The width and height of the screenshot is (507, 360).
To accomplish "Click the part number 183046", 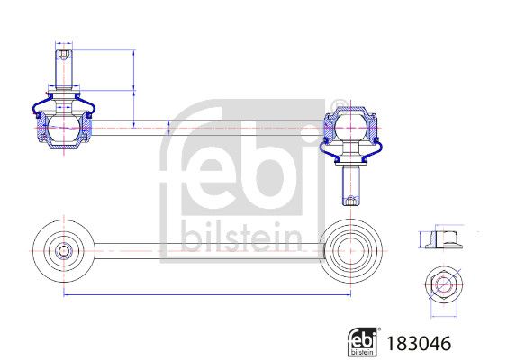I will coord(418,343).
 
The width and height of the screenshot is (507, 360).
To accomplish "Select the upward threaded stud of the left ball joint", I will coord(63,68).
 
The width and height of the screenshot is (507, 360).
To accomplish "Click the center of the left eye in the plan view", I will coord(64,248).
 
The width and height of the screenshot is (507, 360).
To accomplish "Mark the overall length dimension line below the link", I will coord(207,294).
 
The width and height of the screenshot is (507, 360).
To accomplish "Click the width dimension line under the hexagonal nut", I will coord(442,316).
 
